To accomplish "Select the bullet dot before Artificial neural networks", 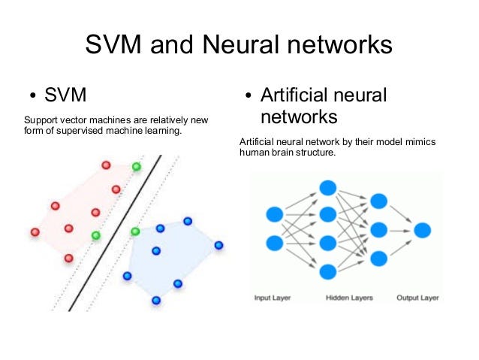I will click(x=249, y=98).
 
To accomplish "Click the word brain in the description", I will click(x=285, y=153).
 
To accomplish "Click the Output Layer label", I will click(x=417, y=298).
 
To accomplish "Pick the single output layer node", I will click(x=422, y=230).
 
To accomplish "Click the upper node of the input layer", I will click(x=275, y=215).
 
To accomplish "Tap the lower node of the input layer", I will click(x=275, y=244).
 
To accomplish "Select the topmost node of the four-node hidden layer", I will click(x=327, y=188).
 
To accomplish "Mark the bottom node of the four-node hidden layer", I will click(x=327, y=271).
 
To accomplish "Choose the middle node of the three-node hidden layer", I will click(x=378, y=229).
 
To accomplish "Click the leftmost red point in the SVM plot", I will click(x=35, y=232).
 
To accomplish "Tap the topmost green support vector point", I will click(x=136, y=166).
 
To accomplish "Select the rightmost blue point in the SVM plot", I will click(x=218, y=245).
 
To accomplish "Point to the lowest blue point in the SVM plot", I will click(x=156, y=300).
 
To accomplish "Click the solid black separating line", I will click(x=115, y=233).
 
